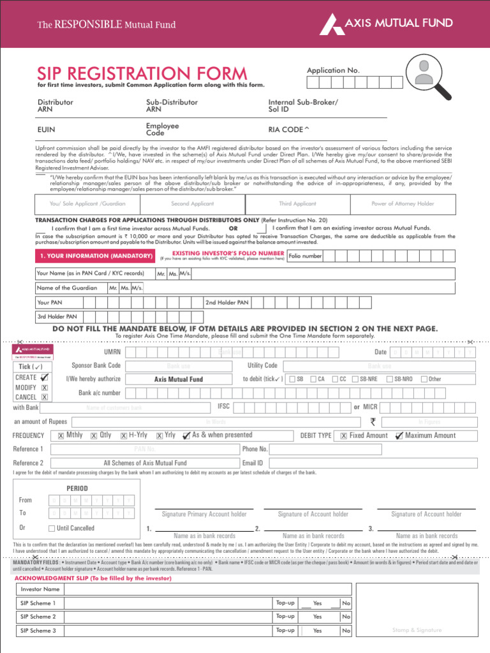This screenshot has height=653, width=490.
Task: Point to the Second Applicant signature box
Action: click(x=193, y=204)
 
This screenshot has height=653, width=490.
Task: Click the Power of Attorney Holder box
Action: click(x=403, y=204)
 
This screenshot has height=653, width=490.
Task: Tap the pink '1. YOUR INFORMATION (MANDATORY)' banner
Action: click(x=96, y=256)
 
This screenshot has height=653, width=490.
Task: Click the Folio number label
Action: click(x=305, y=256)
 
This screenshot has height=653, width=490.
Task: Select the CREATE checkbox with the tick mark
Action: click(x=45, y=378)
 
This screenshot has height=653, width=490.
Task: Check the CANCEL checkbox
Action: click(x=45, y=397)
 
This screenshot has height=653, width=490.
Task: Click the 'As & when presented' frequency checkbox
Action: click(x=186, y=436)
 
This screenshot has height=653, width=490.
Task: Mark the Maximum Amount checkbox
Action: click(x=399, y=436)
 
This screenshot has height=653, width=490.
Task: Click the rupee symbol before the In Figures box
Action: click(x=373, y=422)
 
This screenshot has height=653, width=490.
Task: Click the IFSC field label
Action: click(x=223, y=406)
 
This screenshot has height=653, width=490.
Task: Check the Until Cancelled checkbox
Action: click(x=52, y=528)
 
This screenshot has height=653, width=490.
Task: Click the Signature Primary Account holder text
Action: click(x=204, y=514)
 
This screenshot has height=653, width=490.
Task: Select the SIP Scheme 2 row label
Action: click(x=38, y=617)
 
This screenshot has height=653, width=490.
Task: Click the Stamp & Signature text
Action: click(x=417, y=630)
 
